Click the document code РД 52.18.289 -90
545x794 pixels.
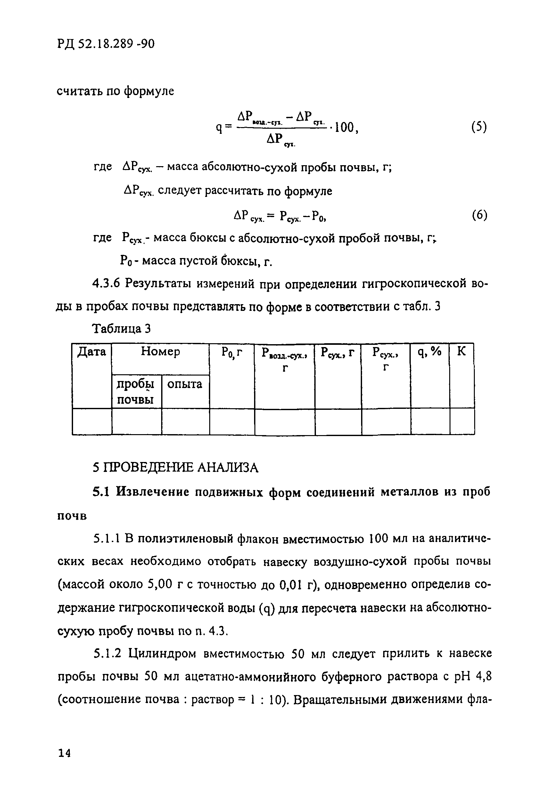(x=106, y=44)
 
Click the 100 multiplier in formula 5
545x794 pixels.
(x=345, y=128)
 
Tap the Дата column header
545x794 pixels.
(x=92, y=352)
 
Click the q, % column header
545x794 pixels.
(x=430, y=352)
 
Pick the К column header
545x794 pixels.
(x=462, y=352)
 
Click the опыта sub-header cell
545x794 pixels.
(x=185, y=385)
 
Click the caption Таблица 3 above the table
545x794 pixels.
(x=121, y=329)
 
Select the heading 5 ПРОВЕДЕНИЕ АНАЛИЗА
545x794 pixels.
(x=175, y=467)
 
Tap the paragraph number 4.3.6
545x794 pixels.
(x=106, y=284)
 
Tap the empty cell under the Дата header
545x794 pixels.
(x=92, y=422)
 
